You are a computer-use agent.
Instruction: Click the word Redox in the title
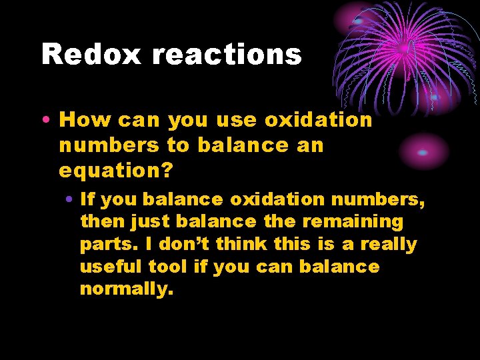(92, 53)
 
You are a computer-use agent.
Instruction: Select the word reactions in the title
(227, 53)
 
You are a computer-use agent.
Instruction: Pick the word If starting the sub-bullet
(87, 199)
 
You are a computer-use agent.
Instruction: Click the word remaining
(359, 221)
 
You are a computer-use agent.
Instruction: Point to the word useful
(107, 267)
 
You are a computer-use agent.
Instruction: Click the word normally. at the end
(126, 290)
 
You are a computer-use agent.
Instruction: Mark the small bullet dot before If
(70, 199)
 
